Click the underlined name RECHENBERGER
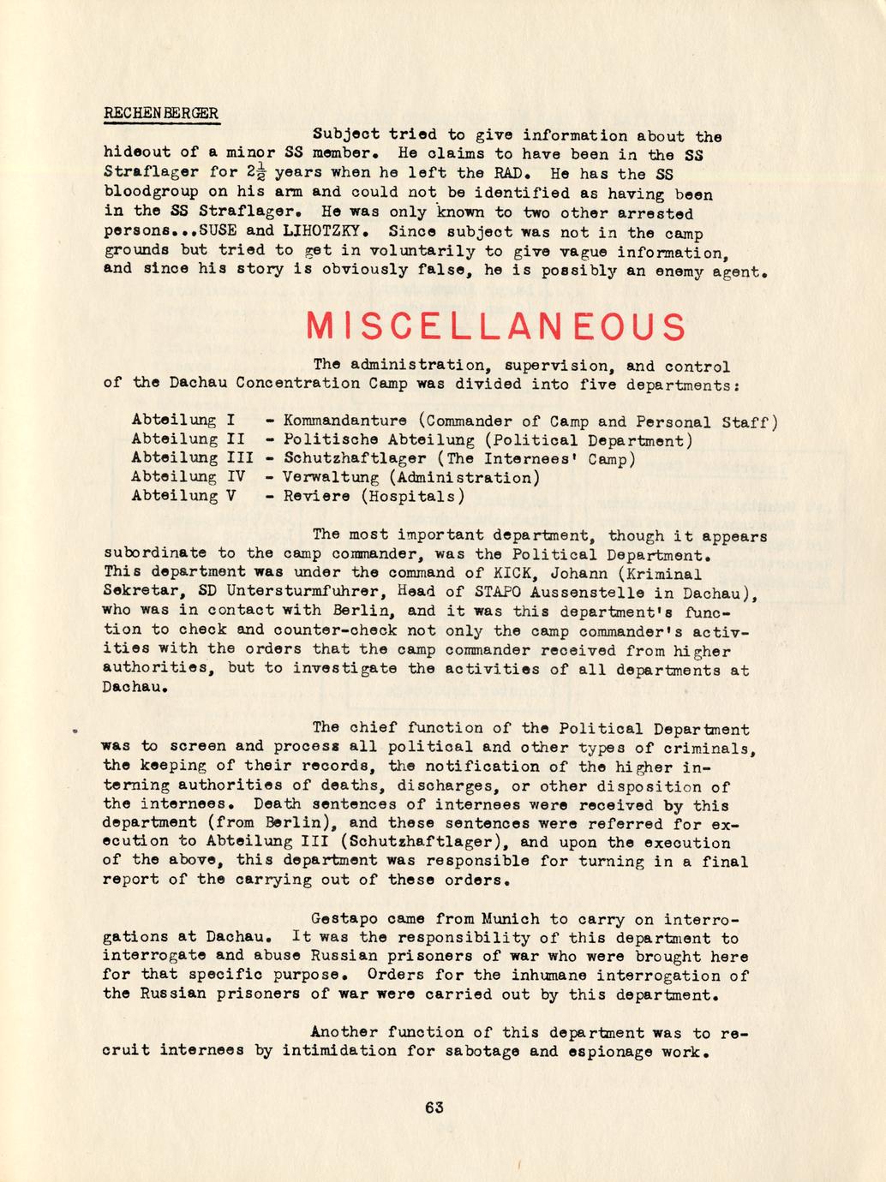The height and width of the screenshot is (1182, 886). point(160,113)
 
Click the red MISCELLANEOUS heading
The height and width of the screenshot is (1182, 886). point(495,326)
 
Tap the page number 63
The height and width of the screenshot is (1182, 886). point(434,1107)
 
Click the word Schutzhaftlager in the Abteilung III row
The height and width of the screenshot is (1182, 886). point(354,459)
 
